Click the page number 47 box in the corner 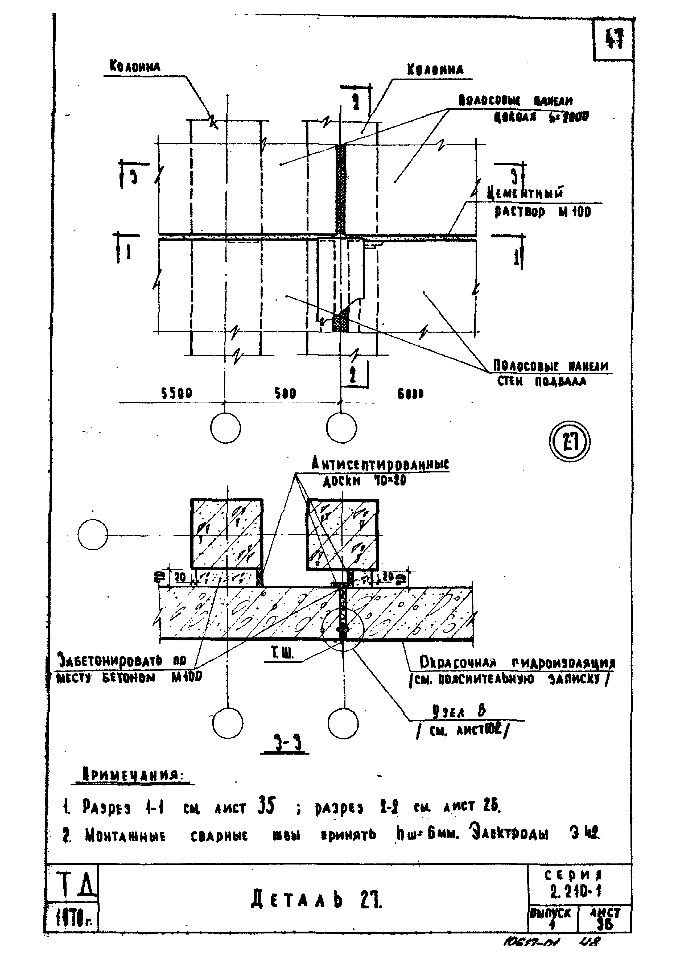(x=614, y=40)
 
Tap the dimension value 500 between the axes (x=285, y=393)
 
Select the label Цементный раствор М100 (x=541, y=203)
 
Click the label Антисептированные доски (x=380, y=471)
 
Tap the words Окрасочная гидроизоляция (x=517, y=663)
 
